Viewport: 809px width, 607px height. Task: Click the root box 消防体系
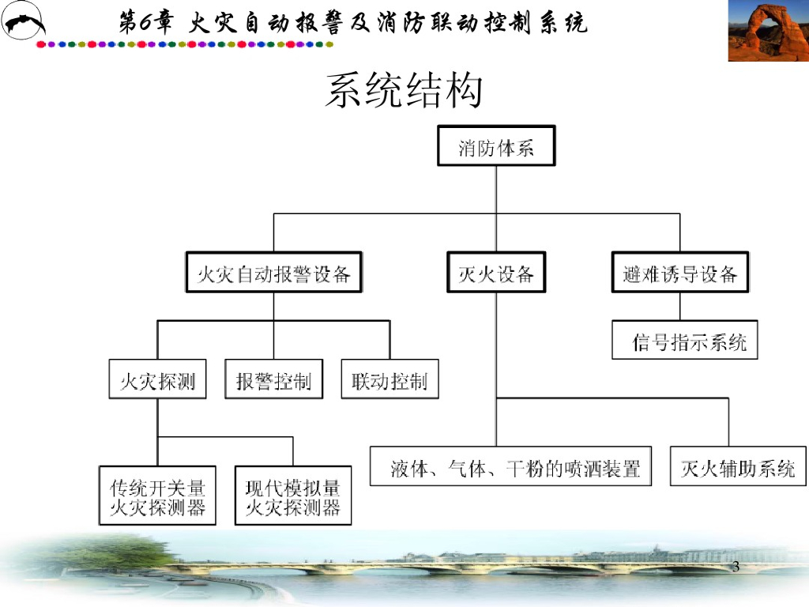pyautogui.click(x=496, y=146)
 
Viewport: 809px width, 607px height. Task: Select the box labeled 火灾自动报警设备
pyautogui.click(x=273, y=273)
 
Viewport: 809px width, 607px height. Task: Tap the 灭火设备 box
pyautogui.click(x=496, y=273)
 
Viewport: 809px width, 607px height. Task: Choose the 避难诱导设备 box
pyautogui.click(x=679, y=273)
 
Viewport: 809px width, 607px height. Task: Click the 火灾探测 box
pyautogui.click(x=157, y=381)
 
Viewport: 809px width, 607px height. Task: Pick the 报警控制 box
pyautogui.click(x=273, y=381)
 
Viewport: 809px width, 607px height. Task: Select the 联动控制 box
pyautogui.click(x=389, y=381)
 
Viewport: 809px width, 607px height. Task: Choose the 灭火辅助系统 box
pyautogui.click(x=738, y=468)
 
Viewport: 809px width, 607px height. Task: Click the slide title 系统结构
pyautogui.click(x=404, y=92)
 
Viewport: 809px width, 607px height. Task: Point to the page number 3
pyautogui.click(x=736, y=567)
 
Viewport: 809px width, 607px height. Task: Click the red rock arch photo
pyautogui.click(x=767, y=31)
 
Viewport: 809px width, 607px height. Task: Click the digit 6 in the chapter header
pyautogui.click(x=147, y=22)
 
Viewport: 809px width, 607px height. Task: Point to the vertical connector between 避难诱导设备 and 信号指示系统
pyautogui.click(x=679, y=306)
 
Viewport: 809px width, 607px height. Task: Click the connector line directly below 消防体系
pyautogui.click(x=496, y=190)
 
